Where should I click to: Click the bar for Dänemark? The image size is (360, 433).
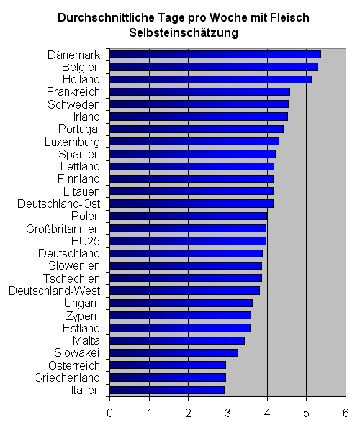(x=215, y=55)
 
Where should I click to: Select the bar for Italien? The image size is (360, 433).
(x=167, y=390)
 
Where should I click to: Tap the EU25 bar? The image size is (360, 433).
(x=188, y=241)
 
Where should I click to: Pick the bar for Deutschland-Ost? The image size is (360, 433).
(x=192, y=204)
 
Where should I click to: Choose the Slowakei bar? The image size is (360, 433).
(x=174, y=352)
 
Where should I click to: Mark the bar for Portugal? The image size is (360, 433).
(x=197, y=129)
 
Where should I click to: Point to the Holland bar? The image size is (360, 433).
(x=211, y=79)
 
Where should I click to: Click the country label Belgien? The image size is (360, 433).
(x=81, y=68)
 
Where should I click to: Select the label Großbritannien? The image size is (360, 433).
(x=63, y=229)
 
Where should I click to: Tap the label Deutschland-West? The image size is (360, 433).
(x=54, y=291)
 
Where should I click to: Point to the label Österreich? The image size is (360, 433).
(x=74, y=365)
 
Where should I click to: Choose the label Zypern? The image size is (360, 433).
(x=83, y=316)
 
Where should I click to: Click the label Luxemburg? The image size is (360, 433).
(x=72, y=142)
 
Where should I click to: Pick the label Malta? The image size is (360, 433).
(x=86, y=340)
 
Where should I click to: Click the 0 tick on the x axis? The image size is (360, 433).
(x=109, y=413)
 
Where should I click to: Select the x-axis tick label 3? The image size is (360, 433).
(x=228, y=413)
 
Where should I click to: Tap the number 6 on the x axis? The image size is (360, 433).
(x=346, y=413)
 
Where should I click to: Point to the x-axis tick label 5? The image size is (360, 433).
(x=306, y=413)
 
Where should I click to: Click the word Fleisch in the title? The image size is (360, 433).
(x=289, y=18)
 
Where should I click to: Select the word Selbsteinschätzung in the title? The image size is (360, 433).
(x=184, y=33)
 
